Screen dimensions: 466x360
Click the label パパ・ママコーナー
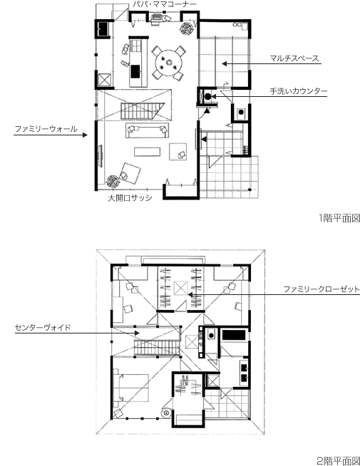pos(164,4)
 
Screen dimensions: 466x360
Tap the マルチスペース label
pos(294,58)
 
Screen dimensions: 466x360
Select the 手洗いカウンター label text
pos(299,92)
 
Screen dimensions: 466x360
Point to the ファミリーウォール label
pos(45,129)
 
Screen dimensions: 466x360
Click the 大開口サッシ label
pos(130,198)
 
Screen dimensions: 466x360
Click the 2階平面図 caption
pos(339,460)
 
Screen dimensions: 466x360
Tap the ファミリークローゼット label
pos(321,289)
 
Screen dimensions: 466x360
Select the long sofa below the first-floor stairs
pos(147,130)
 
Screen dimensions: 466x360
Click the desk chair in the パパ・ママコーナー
pos(156,21)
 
